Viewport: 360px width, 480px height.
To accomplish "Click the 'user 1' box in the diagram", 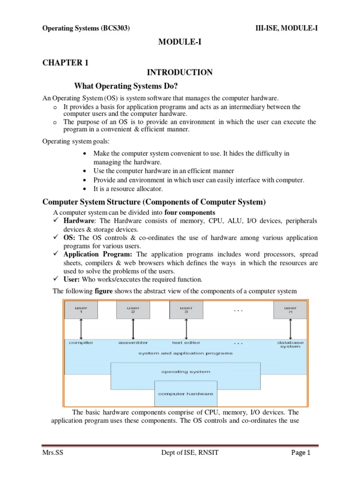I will coord(81,310).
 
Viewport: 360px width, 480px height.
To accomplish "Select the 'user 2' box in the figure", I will coord(133,310).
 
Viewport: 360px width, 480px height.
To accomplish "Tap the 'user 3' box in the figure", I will coord(186,310).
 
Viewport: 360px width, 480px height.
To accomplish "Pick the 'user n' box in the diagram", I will coord(290,310).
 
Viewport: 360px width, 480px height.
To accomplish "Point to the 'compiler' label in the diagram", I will coord(81,343).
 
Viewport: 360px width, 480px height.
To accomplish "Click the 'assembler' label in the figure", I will coord(133,343).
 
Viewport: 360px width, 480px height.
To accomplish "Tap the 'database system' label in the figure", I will coord(290,345).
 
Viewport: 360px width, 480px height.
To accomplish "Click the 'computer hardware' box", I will coord(186,394).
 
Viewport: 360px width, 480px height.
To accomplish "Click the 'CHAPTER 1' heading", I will coord(65,62).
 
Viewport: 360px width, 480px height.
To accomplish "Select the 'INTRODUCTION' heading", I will coord(180,72).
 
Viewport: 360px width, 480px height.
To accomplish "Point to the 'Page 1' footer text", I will coord(301,453).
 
